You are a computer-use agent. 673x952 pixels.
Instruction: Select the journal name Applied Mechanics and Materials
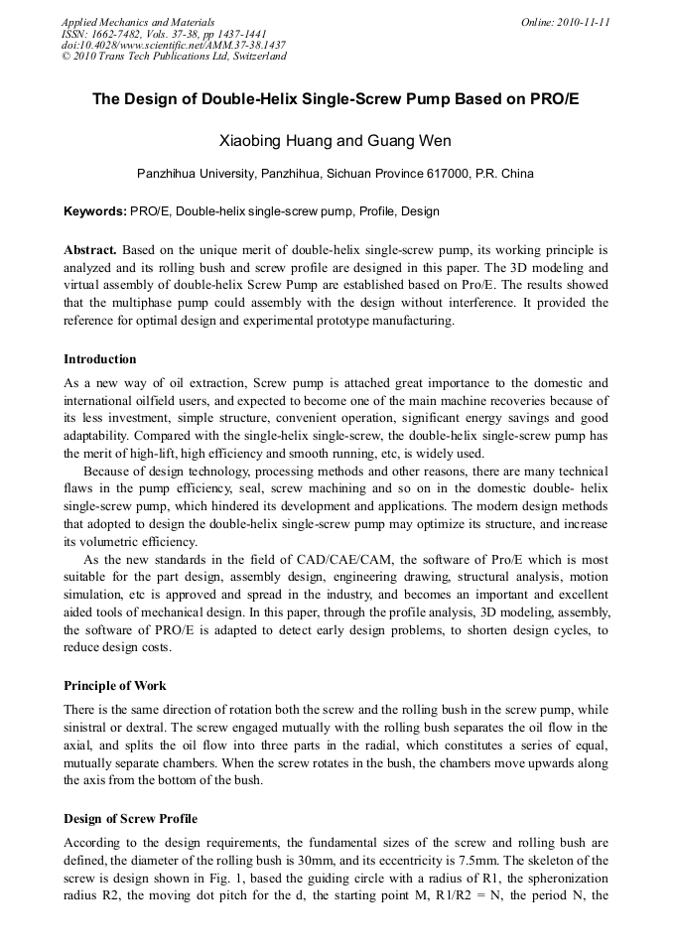click(x=138, y=22)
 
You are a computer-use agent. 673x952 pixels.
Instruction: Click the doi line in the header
click(x=174, y=45)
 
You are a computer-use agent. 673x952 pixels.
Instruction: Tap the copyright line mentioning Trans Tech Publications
click(x=174, y=57)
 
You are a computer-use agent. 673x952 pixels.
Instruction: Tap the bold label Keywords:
click(x=95, y=211)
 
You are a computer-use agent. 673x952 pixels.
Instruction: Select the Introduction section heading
click(x=100, y=359)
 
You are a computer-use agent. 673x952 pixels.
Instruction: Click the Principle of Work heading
click(x=115, y=686)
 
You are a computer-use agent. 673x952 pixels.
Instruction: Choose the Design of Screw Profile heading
click(x=130, y=819)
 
